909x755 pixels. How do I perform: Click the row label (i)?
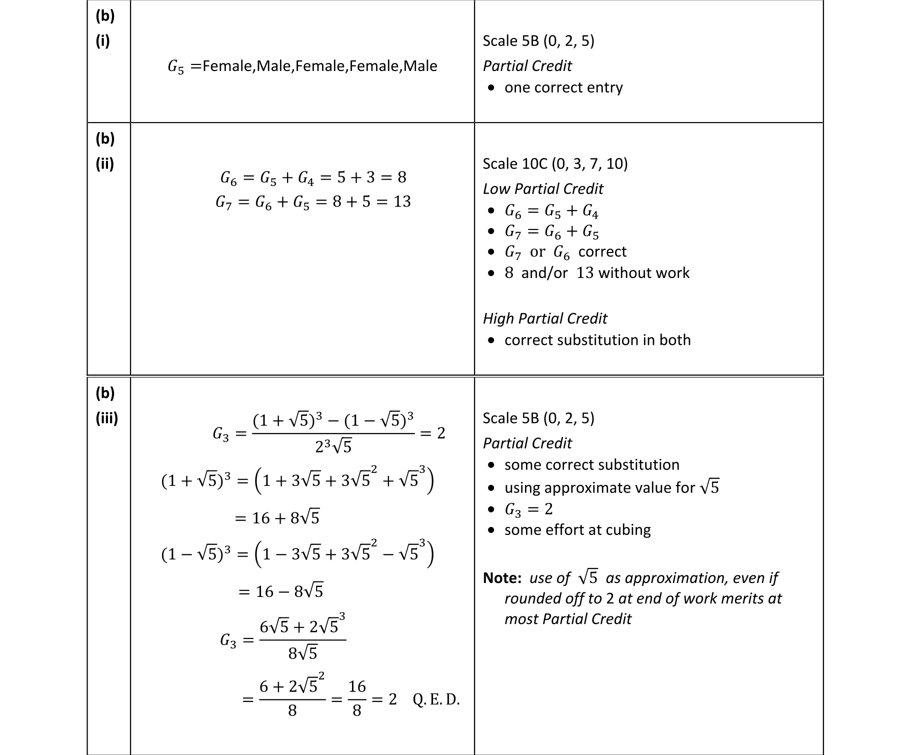pyautogui.click(x=102, y=41)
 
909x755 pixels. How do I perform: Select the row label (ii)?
pyautogui.click(x=104, y=163)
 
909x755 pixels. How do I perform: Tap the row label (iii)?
pyautogui.click(x=106, y=418)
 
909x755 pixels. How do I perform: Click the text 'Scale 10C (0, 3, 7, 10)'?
pyautogui.click(x=555, y=164)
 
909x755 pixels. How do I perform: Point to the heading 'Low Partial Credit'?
pyautogui.click(x=543, y=188)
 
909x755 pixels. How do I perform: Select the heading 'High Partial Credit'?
pyautogui.click(x=545, y=318)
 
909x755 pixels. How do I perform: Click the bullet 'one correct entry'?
pyautogui.click(x=563, y=87)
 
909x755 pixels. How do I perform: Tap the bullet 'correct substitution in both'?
pyautogui.click(x=597, y=340)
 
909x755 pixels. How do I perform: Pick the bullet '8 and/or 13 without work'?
pyautogui.click(x=597, y=273)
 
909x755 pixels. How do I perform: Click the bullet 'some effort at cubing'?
pyautogui.click(x=577, y=529)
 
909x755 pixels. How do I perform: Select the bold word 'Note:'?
pyautogui.click(x=502, y=578)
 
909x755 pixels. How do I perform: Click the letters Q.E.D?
pyautogui.click(x=436, y=699)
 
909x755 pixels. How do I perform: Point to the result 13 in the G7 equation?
pyautogui.click(x=402, y=201)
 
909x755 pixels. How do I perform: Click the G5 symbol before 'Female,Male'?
pyautogui.click(x=175, y=66)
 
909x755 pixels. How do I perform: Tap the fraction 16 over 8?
pyautogui.click(x=357, y=698)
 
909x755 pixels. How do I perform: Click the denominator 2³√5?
pyautogui.click(x=333, y=446)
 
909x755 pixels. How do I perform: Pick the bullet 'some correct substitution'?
pyautogui.click(x=592, y=465)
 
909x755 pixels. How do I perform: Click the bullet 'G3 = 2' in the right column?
pyautogui.click(x=528, y=509)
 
